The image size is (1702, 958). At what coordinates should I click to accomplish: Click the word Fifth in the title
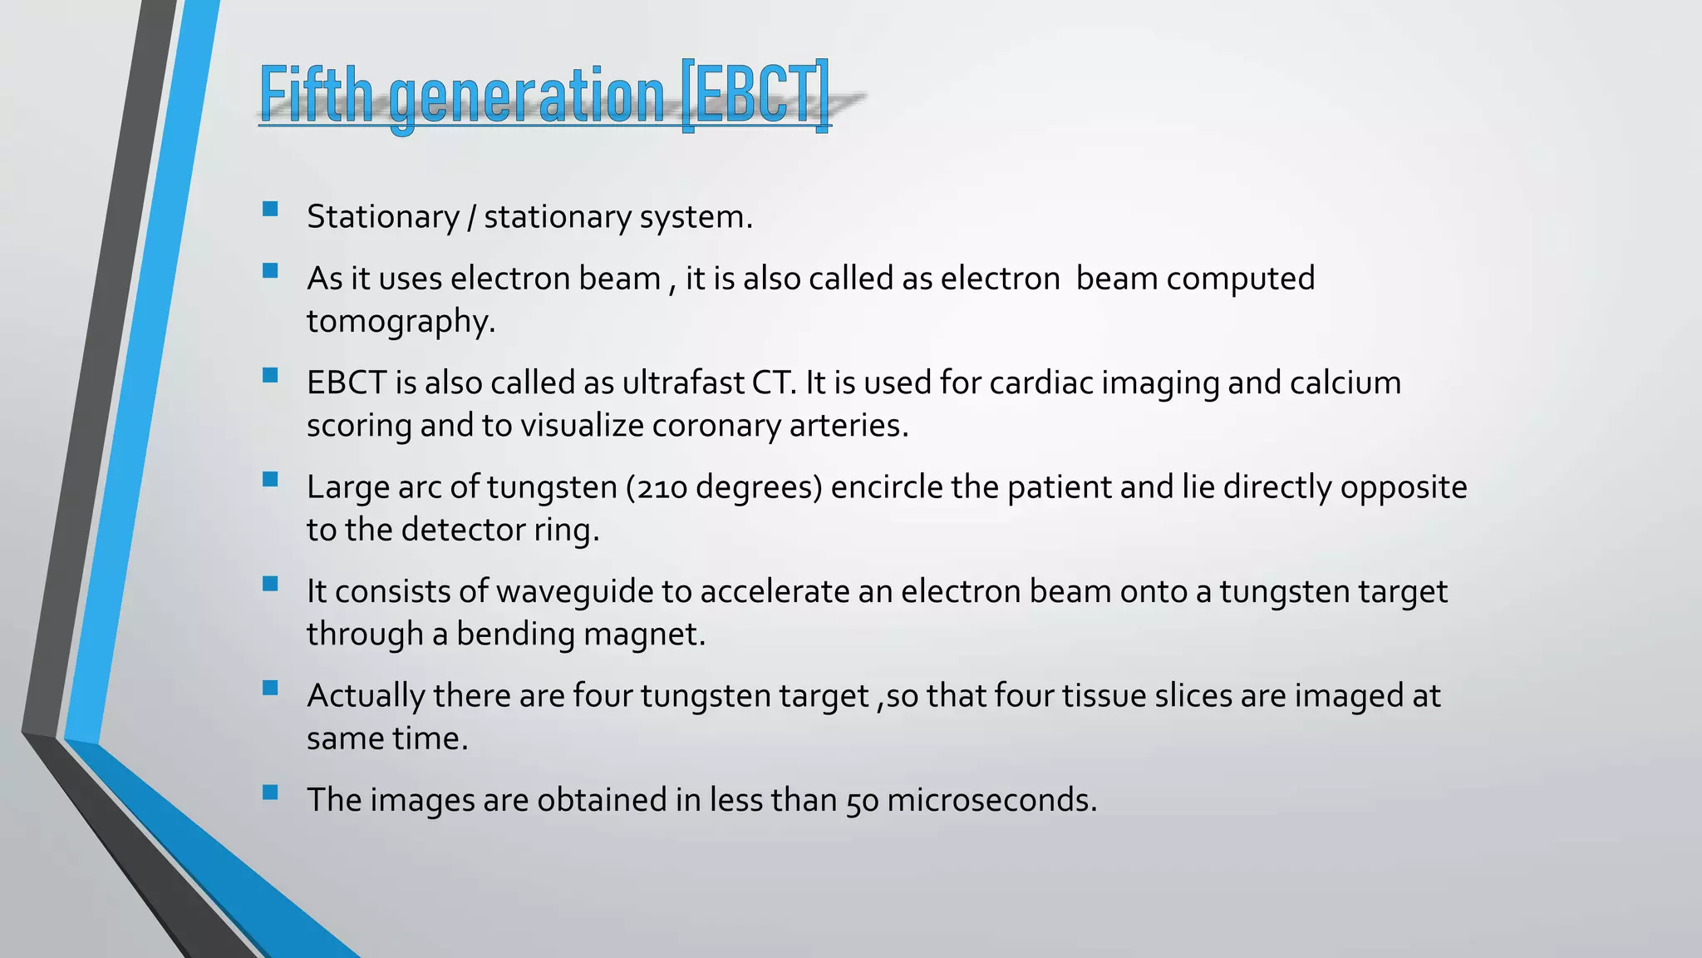pyautogui.click(x=316, y=94)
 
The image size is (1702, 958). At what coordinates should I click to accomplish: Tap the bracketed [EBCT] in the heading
pyautogui.click(x=755, y=94)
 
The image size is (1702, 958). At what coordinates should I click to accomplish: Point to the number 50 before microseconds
pyautogui.click(x=862, y=801)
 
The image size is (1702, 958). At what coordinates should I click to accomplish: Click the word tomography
pyautogui.click(x=401, y=322)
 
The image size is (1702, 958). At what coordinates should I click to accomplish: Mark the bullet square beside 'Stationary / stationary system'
pyautogui.click(x=270, y=209)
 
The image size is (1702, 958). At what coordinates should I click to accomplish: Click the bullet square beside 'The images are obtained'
pyautogui.click(x=270, y=792)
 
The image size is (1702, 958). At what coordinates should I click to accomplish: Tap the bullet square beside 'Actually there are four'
pyautogui.click(x=270, y=688)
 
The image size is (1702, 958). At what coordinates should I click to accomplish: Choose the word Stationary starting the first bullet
pyautogui.click(x=382, y=217)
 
